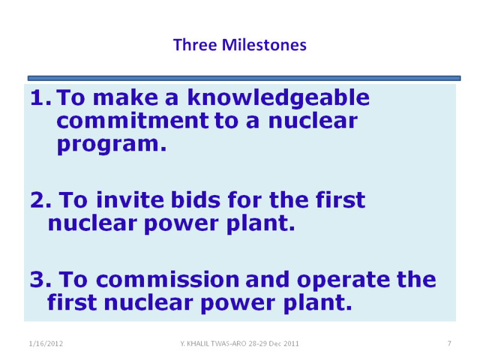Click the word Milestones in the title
(264, 45)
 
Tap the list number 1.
(40, 98)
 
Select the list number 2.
(41, 200)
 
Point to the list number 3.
(41, 280)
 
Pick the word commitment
(133, 121)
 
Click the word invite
(131, 200)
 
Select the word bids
(196, 200)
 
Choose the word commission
(167, 280)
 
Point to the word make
(125, 98)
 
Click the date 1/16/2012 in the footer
(46, 344)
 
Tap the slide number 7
(449, 343)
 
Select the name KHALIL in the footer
(199, 344)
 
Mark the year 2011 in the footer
(291, 344)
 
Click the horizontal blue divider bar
(244, 79)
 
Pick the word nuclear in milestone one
(313, 121)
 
